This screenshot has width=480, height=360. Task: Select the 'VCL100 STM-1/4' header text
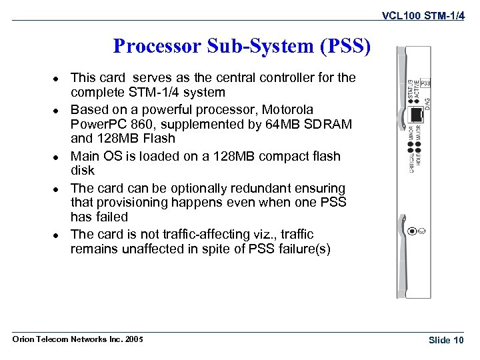point(423,13)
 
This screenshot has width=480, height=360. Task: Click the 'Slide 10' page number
point(446,340)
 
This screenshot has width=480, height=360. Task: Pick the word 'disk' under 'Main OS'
point(83,171)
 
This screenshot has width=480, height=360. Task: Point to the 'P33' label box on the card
point(425,83)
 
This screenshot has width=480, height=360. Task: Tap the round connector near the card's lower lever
point(415,231)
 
